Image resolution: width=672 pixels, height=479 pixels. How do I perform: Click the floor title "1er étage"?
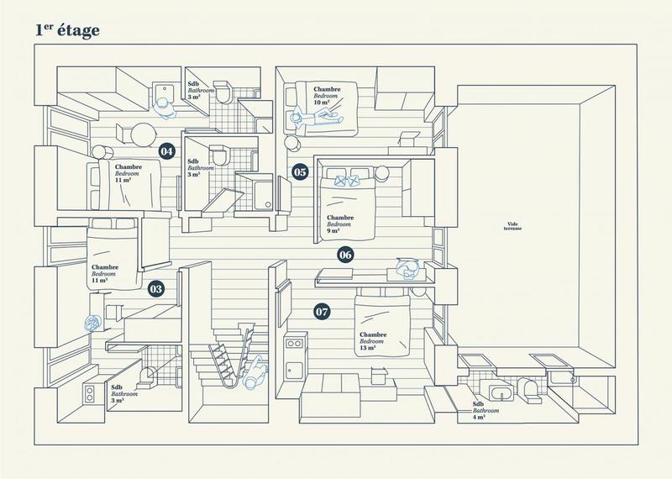click(67, 31)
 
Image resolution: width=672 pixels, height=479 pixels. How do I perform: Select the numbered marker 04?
click(166, 151)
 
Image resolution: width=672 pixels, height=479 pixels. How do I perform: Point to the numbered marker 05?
click(300, 172)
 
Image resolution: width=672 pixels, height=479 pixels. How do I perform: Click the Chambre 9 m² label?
click(339, 222)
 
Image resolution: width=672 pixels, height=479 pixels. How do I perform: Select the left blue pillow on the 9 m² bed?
click(339, 178)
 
